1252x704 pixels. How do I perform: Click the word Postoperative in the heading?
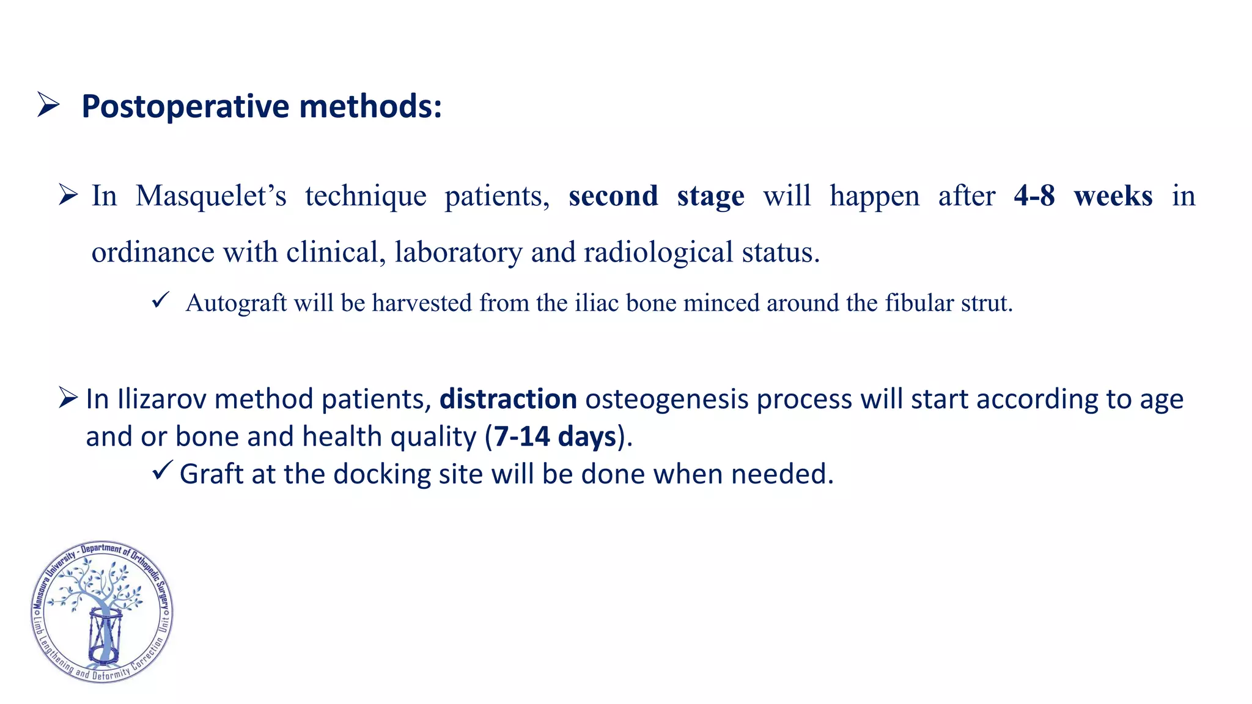tap(185, 106)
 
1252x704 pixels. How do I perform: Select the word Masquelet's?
tap(211, 196)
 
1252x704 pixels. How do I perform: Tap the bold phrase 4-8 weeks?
tap(1083, 196)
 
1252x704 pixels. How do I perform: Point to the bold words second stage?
tap(656, 196)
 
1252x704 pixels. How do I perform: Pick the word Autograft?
tap(236, 303)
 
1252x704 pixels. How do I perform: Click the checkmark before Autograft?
tap(160, 300)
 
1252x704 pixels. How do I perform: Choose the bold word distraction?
tap(508, 399)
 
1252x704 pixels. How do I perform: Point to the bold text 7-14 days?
tap(554, 437)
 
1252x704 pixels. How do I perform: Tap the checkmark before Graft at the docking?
tap(162, 471)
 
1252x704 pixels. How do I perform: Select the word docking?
tap(382, 474)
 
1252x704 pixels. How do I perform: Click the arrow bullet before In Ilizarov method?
tap(68, 397)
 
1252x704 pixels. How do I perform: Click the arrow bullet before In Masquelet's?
tap(68, 196)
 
